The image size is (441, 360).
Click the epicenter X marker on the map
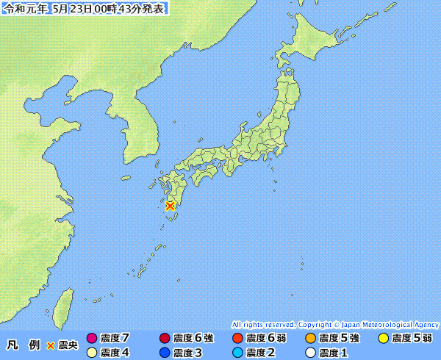coord(171,206)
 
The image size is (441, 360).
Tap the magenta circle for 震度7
coord(92,339)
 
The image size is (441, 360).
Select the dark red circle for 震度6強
coord(164,339)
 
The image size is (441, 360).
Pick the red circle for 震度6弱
coord(237,339)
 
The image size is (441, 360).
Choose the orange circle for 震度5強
coord(310,339)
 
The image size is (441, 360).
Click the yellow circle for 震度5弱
coord(383,339)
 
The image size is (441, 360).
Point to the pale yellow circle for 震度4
coord(92,353)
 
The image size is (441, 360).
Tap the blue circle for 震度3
coord(164,353)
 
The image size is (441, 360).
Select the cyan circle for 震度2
coord(237,353)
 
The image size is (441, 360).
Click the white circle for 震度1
coord(310,353)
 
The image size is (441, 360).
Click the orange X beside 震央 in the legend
coord(51,345)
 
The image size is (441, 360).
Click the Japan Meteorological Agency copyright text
coord(335,324)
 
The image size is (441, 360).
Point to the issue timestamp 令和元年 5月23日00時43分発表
coord(86,9)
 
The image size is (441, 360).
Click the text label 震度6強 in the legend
coord(193,339)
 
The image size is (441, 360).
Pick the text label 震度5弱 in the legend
coord(412,339)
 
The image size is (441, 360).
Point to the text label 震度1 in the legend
coord(334,353)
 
